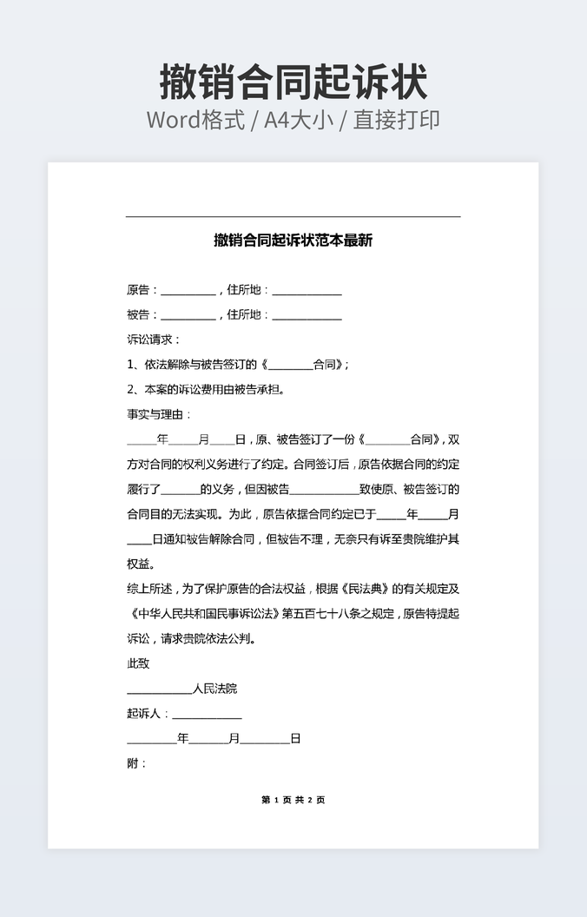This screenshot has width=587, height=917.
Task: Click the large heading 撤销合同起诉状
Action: click(293, 82)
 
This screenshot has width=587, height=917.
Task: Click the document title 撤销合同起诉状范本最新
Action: click(293, 241)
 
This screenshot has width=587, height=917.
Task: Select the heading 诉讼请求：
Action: click(154, 340)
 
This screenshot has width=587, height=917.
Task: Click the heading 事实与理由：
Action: click(159, 414)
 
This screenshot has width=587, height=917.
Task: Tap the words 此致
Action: click(138, 663)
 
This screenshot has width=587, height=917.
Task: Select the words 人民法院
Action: click(214, 689)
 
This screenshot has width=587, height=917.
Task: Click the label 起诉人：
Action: click(148, 714)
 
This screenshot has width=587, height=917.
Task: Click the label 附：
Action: click(137, 763)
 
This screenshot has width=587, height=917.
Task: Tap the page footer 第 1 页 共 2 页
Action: click(293, 800)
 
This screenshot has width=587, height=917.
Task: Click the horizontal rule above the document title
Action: click(293, 216)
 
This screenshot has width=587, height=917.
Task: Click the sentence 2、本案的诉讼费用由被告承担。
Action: click(206, 389)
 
